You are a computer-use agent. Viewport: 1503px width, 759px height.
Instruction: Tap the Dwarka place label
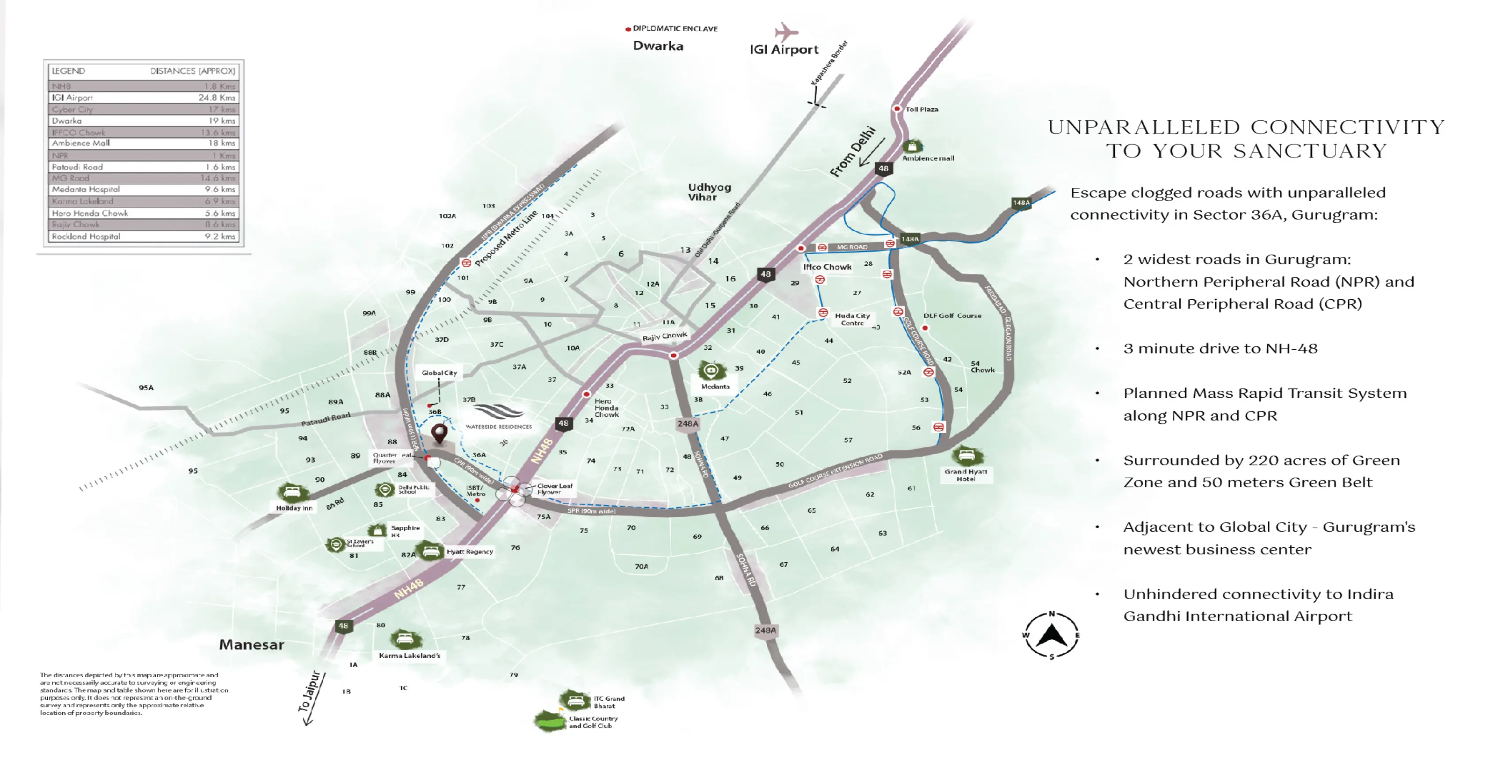point(658,46)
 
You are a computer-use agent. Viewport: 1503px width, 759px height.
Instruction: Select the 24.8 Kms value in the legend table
point(217,97)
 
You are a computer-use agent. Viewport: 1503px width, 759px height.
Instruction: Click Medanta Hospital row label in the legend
point(86,190)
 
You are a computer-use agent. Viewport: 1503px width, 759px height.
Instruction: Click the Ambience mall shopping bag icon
point(912,146)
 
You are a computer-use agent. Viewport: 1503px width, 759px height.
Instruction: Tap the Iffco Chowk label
point(827,267)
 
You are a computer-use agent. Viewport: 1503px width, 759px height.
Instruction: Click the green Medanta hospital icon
point(711,370)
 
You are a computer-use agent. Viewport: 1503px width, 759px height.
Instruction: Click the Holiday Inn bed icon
point(292,492)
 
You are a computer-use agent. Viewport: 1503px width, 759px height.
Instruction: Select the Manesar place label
point(252,645)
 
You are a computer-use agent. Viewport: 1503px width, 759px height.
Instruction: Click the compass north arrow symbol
point(1052,635)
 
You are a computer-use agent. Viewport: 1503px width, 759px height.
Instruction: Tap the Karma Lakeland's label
point(409,655)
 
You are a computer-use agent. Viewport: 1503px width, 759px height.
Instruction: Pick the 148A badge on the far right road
point(1021,202)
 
